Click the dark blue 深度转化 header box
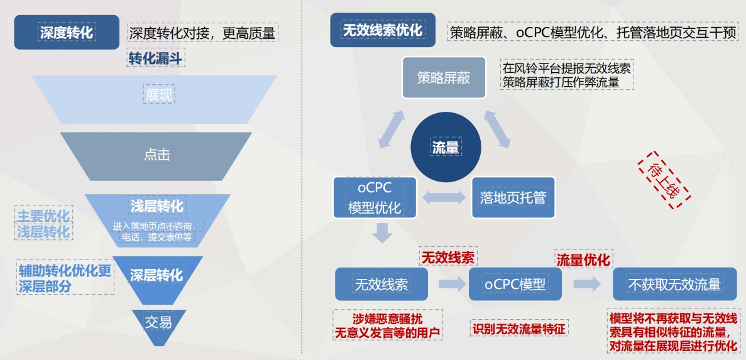pyautogui.click(x=67, y=32)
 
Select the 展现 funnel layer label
pyautogui.click(x=158, y=95)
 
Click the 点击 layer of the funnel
pyautogui.click(x=156, y=155)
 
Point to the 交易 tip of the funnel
pyautogui.click(x=158, y=323)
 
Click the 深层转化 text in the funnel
pyautogui.click(x=156, y=275)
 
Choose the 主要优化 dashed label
pyautogui.click(x=43, y=214)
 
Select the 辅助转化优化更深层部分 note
pyautogui.click(x=65, y=278)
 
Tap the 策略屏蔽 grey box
pyautogui.click(x=444, y=77)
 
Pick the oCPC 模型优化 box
pyautogui.click(x=375, y=197)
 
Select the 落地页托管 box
pyautogui.click(x=513, y=197)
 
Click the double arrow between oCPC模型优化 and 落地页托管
pyautogui.click(x=444, y=197)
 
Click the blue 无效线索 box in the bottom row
pyautogui.click(x=381, y=284)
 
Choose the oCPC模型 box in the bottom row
pyautogui.click(x=515, y=284)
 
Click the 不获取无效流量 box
pyautogui.click(x=674, y=284)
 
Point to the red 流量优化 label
pyautogui.click(x=583, y=259)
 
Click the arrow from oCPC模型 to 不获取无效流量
pyautogui.click(x=587, y=284)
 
